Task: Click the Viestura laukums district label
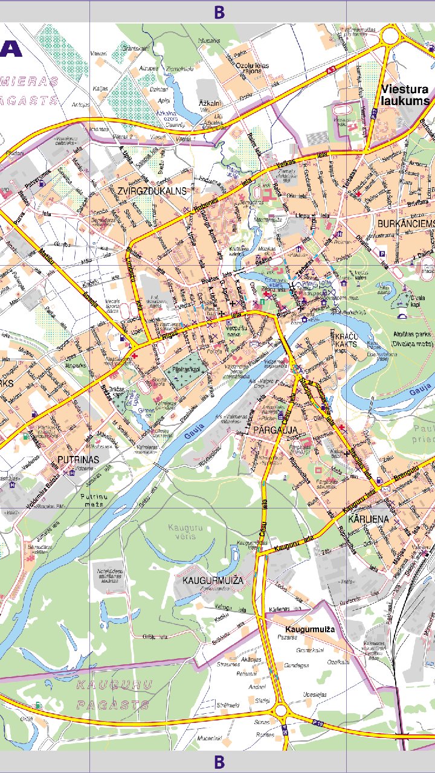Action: point(405,95)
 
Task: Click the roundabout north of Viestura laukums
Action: point(390,36)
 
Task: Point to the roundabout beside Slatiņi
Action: point(281,711)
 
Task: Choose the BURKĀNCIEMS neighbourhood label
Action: point(405,224)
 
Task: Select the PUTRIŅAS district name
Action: point(78,460)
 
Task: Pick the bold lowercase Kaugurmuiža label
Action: point(310,629)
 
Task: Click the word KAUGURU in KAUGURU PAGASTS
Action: point(115,685)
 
